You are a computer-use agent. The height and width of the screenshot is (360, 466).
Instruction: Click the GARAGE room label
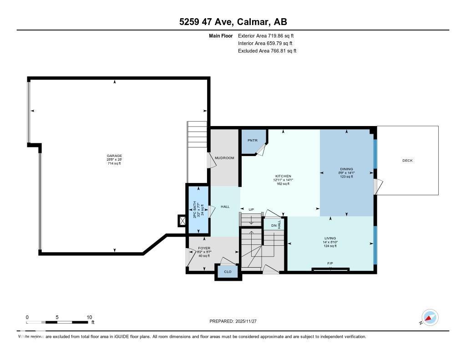tap(114, 156)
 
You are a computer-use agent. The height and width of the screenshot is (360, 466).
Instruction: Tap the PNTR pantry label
tap(253, 141)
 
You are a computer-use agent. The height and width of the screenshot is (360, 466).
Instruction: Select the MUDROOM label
tap(225, 158)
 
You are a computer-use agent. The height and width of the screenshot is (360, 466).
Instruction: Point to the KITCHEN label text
tap(283, 176)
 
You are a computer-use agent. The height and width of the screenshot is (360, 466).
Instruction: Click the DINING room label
tap(346, 169)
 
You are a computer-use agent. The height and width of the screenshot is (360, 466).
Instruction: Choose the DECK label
tap(407, 160)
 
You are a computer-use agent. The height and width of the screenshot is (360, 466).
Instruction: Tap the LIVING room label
tap(330, 238)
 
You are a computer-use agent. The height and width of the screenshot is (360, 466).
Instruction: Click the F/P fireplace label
tap(330, 264)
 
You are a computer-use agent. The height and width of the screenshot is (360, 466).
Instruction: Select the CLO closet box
tap(228, 272)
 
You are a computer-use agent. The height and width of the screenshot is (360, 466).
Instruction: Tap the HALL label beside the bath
tap(225, 207)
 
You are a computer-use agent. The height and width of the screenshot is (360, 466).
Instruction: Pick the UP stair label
tap(251, 210)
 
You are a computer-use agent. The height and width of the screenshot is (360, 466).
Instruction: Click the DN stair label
tap(273, 225)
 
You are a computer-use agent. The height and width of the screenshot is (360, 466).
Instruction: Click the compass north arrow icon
tap(430, 317)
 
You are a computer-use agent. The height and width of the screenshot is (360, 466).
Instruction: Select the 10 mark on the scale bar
tap(89, 317)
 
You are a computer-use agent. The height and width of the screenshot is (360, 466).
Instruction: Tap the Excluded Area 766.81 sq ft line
tap(267, 51)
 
